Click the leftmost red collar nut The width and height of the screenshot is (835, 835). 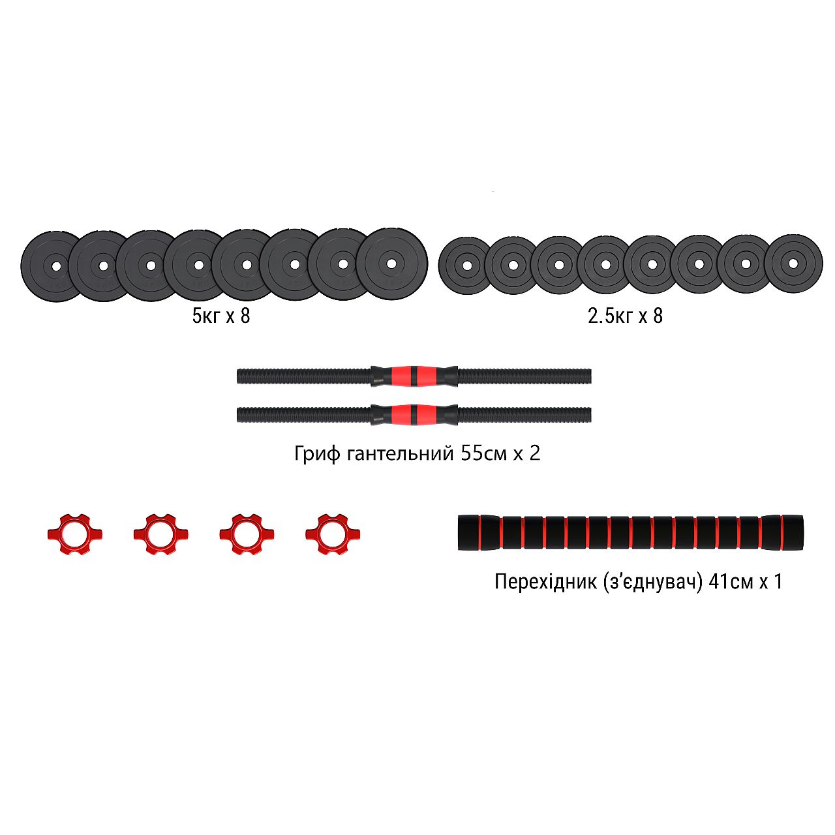[x=75, y=534]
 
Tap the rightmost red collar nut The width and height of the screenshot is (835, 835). [x=333, y=534]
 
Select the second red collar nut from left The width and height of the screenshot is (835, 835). [x=161, y=534]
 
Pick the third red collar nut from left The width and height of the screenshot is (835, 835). [x=247, y=534]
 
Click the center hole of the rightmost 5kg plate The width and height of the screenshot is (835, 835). [x=391, y=264]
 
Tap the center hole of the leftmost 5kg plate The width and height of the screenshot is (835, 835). [x=55, y=266]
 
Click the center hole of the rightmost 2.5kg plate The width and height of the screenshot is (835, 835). [x=793, y=264]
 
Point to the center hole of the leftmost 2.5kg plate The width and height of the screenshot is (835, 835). [x=466, y=266]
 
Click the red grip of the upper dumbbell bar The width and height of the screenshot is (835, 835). [x=414, y=376]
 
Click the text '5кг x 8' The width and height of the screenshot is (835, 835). [x=221, y=316]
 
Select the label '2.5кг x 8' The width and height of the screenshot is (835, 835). [x=625, y=316]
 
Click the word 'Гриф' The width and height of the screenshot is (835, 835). [x=317, y=453]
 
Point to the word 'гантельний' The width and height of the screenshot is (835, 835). [x=400, y=453]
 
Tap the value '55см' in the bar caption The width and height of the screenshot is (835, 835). [x=483, y=453]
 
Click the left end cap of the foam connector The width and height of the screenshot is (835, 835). [x=468, y=532]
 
